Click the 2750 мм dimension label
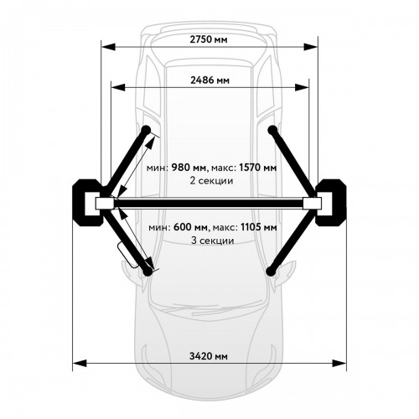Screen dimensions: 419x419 [x=209, y=39]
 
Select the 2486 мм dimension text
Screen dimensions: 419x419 [x=209, y=80]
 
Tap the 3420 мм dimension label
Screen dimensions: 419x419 [x=209, y=356]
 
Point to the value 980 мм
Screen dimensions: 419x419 [x=189, y=168]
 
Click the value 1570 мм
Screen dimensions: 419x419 [x=258, y=168]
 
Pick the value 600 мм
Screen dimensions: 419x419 [x=191, y=227]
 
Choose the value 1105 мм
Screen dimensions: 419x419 [x=259, y=227]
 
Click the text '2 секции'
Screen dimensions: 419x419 [x=211, y=181]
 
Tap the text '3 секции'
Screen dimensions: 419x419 [x=213, y=241]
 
